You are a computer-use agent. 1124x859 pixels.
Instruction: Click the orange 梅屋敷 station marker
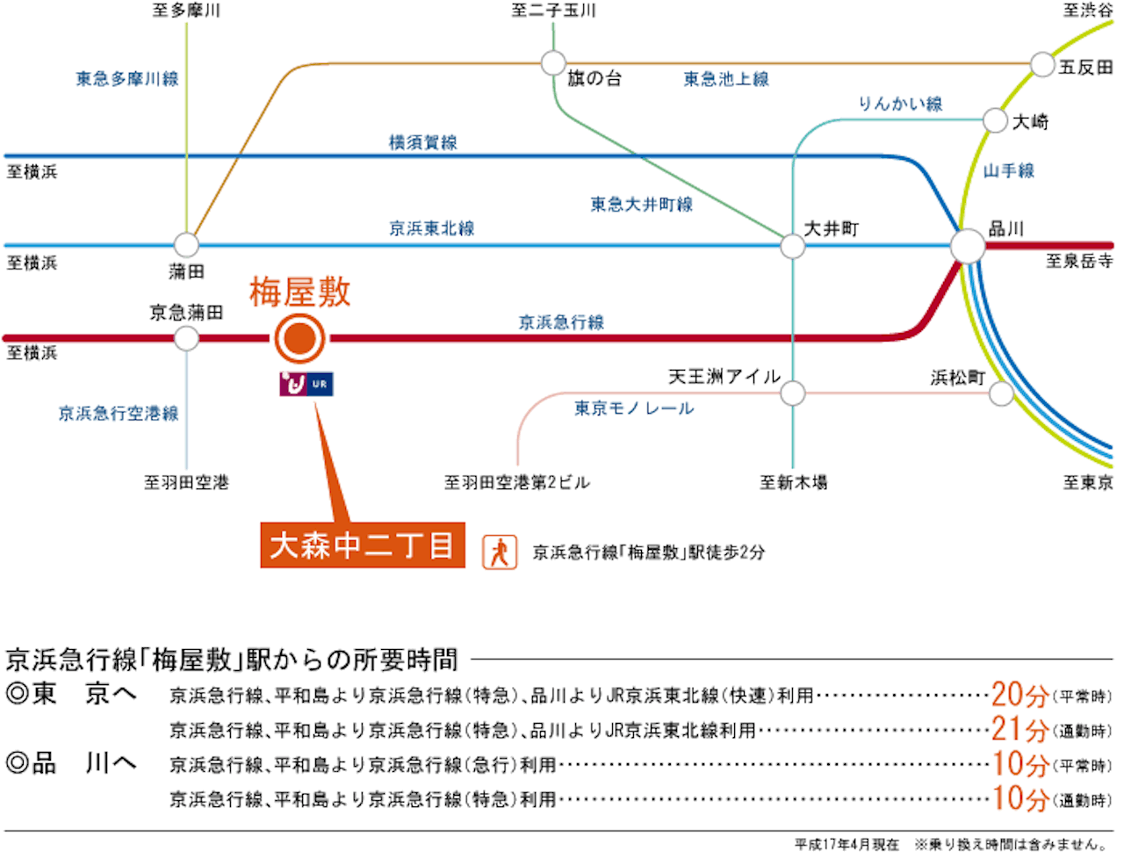pos(299,338)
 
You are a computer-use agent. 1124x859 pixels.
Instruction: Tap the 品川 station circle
pos(968,246)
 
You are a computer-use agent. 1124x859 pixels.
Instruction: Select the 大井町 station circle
pos(792,246)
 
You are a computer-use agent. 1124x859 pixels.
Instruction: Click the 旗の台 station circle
pos(553,63)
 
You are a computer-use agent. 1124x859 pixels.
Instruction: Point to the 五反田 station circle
pos(1042,64)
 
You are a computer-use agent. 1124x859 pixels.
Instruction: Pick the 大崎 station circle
pos(995,120)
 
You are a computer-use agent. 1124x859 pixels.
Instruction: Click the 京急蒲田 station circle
pos(186,338)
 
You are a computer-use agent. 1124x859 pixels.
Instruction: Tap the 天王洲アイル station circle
pos(793,393)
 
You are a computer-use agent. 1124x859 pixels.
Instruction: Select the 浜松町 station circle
pos(1001,393)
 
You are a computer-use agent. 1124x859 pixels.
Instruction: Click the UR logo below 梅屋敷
pos(306,384)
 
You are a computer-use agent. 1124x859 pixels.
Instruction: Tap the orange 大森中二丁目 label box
pos(363,545)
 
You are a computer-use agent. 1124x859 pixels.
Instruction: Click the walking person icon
pos(500,552)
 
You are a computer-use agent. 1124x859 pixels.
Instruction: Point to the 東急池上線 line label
pos(726,79)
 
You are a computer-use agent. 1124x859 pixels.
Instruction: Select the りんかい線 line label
pos(900,104)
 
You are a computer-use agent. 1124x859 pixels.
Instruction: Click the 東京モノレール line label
pos(634,408)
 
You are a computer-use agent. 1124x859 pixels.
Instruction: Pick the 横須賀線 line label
pos(423,142)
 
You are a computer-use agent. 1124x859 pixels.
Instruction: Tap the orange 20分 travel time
pos(1020,695)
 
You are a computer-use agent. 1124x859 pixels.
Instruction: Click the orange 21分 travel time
pos(1020,729)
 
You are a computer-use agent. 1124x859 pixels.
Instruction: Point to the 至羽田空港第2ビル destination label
pos(516,482)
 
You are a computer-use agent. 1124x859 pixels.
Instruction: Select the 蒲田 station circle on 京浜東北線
pos(186,245)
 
